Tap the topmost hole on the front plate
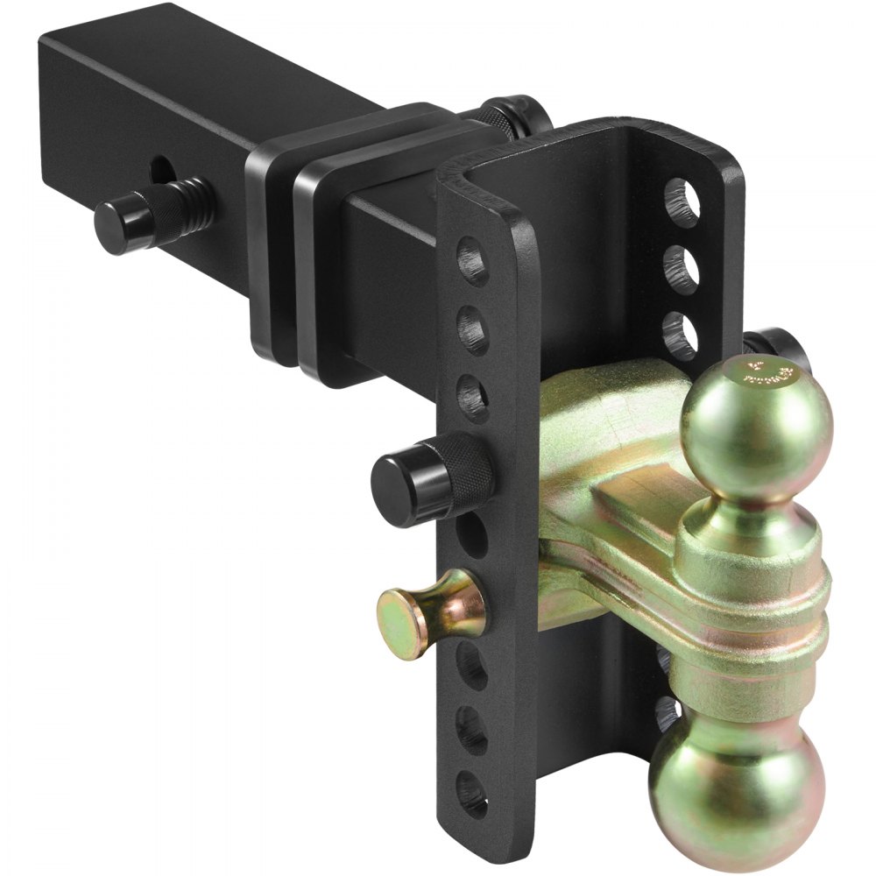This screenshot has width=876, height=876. (473, 261)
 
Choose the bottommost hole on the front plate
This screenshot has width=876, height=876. (473, 793)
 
